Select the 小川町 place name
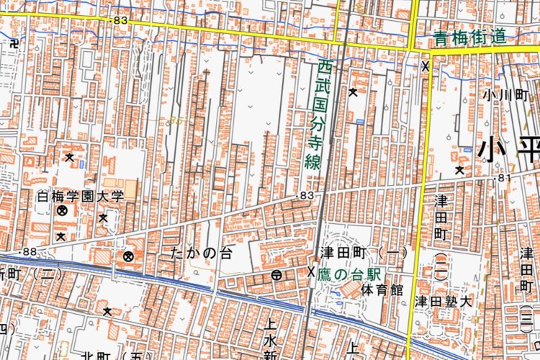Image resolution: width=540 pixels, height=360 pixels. pyautogui.click(x=505, y=94)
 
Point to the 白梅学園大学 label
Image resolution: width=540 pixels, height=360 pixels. pyautogui.click(x=81, y=196)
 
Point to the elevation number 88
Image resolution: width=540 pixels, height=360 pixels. pyautogui.click(x=30, y=251)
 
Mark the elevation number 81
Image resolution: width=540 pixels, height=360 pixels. pyautogui.click(x=503, y=177)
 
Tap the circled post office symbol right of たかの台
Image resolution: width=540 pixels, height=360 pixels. pyautogui.click(x=276, y=275)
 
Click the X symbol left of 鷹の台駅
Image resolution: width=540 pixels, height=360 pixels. pyautogui.click(x=311, y=271)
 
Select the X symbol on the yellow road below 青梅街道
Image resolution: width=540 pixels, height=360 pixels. pyautogui.click(x=426, y=66)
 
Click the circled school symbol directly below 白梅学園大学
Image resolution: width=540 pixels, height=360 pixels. pyautogui.click(x=62, y=211)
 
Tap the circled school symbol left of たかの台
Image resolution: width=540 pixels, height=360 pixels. pyautogui.click(x=128, y=256)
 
